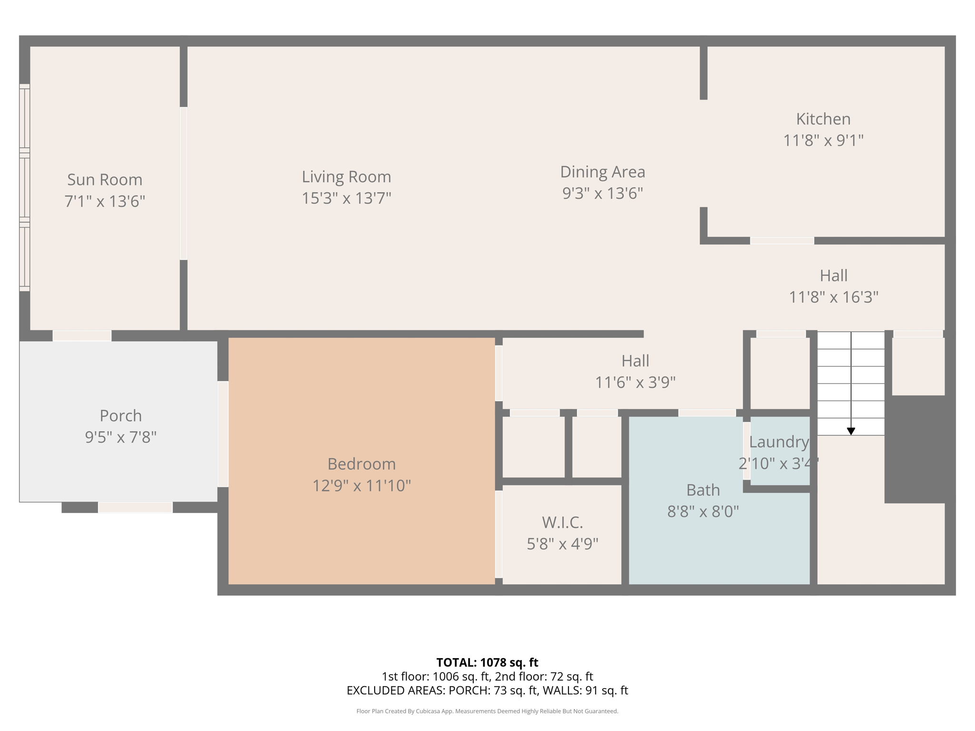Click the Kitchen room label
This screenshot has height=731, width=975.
click(x=823, y=119)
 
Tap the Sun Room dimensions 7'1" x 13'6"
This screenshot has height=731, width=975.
click(x=105, y=201)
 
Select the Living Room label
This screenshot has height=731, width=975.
click(x=346, y=177)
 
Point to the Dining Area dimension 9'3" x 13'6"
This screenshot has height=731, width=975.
click(x=602, y=194)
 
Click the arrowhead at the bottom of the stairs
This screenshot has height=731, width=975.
click(x=851, y=431)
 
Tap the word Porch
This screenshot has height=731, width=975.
click(x=120, y=416)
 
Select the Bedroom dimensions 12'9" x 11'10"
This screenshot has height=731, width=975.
click(x=361, y=486)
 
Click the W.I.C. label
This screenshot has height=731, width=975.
click(x=562, y=523)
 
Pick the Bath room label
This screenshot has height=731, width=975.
click(x=703, y=490)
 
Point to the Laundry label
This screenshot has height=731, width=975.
click(x=778, y=442)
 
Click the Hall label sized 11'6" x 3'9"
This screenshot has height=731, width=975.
click(x=635, y=361)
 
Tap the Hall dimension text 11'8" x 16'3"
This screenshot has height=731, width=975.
click(x=833, y=297)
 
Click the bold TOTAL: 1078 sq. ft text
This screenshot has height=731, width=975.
click(x=487, y=662)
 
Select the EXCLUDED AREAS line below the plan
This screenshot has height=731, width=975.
click(x=487, y=691)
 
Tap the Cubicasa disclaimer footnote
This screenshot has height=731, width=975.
click(x=487, y=711)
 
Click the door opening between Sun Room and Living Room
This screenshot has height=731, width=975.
click(x=183, y=183)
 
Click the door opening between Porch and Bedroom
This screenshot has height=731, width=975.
click(x=223, y=434)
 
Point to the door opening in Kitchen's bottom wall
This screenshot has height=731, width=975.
click(x=782, y=241)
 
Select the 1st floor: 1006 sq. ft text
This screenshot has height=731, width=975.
click(x=435, y=676)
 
